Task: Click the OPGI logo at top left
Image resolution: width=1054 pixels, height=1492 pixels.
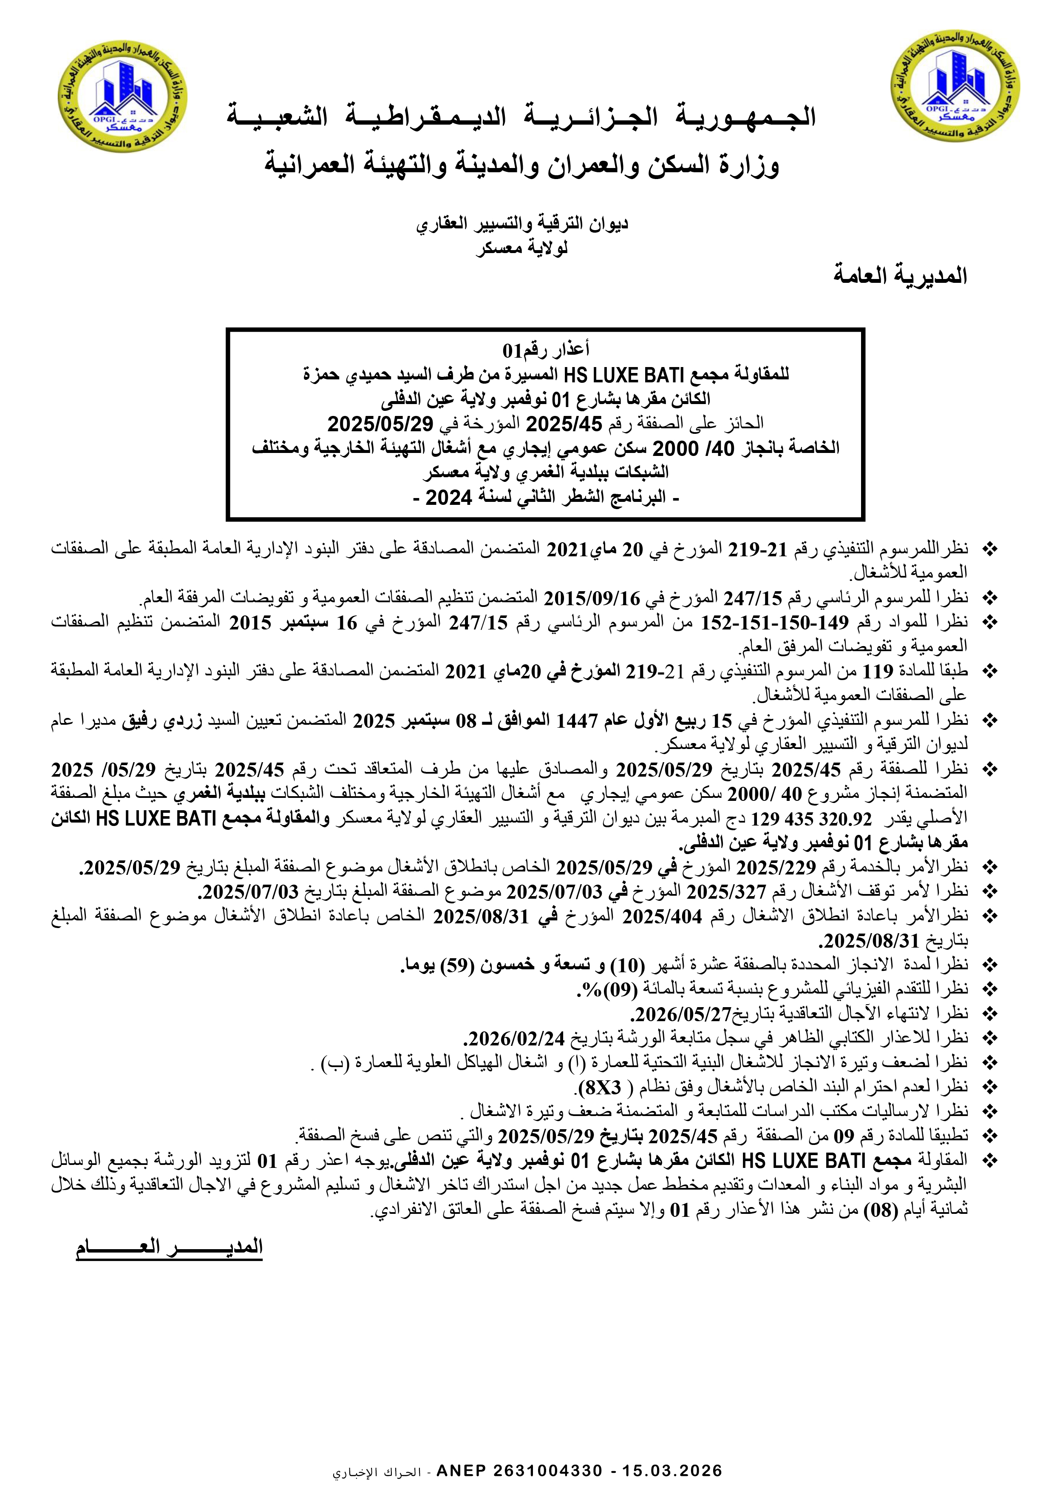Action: pyautogui.click(x=122, y=96)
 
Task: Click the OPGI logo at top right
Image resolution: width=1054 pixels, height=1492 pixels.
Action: pyautogui.click(x=955, y=85)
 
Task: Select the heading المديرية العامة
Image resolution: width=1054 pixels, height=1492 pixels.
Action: pyautogui.click(x=900, y=276)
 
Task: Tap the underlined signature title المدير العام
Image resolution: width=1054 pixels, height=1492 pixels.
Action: pyautogui.click(x=170, y=1246)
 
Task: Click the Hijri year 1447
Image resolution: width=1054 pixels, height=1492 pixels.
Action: pyautogui.click(x=577, y=720)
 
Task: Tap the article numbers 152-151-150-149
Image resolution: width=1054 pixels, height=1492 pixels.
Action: pyautogui.click(x=774, y=622)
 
